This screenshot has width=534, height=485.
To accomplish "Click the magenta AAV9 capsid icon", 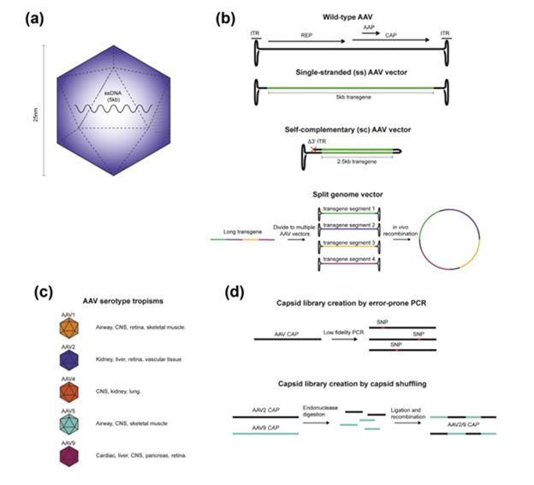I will (x=66, y=454).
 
